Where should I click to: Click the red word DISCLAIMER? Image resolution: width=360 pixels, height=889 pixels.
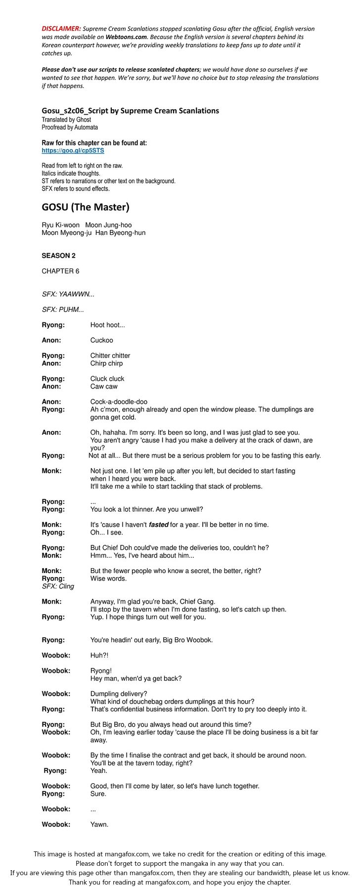coord(61,29)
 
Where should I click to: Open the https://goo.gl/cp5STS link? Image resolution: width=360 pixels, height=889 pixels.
coord(73,150)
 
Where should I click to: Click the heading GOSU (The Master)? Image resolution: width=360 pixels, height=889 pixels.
coord(85,207)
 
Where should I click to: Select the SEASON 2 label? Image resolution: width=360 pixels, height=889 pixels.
coord(58,256)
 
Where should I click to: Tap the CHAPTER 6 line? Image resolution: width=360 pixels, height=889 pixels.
coord(60,271)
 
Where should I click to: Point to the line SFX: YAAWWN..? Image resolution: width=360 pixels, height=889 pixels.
coord(68,294)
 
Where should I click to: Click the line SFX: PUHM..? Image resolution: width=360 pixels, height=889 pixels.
coord(63,310)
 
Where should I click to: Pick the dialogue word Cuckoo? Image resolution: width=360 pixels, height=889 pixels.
coord(101,340)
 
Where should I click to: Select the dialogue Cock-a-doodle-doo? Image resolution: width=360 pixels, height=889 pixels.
coord(119,401)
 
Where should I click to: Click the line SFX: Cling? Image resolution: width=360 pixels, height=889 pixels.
coord(58,586)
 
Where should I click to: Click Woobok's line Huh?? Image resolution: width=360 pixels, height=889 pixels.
coord(99,655)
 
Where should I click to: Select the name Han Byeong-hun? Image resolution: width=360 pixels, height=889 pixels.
coord(120,232)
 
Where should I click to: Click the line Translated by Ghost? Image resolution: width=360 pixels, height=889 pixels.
coord(66,120)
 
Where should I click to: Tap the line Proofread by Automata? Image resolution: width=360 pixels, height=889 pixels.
coord(70,127)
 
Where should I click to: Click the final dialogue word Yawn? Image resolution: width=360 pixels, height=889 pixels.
coord(99,824)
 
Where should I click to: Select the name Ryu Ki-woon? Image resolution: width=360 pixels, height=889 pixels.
coord(60,225)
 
